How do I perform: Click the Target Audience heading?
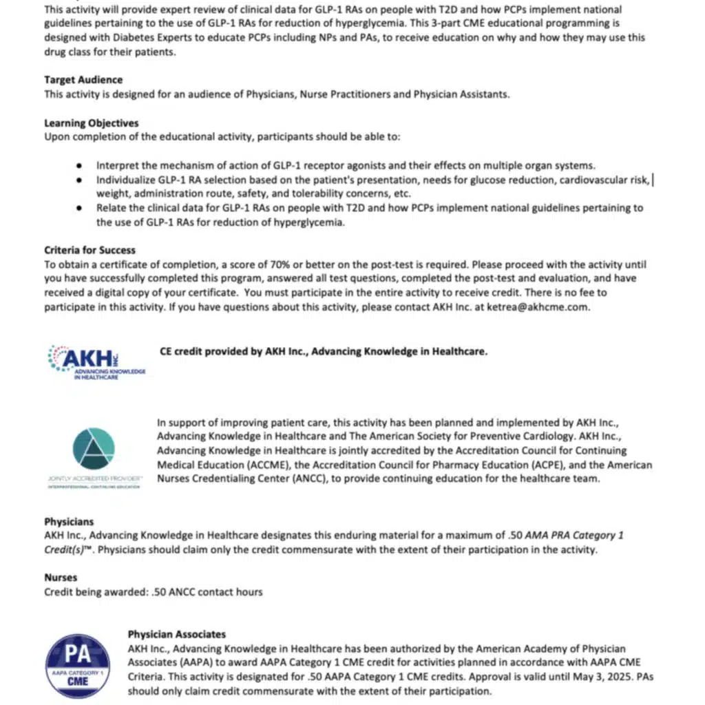point(83,80)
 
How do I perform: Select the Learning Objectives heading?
point(92,123)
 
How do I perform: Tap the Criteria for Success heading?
point(90,250)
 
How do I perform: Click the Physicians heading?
point(69,522)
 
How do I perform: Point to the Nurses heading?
point(61,578)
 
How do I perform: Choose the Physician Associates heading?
point(177,634)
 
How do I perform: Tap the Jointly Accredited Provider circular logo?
point(93,449)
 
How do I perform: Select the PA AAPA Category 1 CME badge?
point(77,666)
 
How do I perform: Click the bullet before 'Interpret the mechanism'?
point(81,166)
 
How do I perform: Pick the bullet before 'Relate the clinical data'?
point(81,208)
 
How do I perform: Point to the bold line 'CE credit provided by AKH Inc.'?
point(323,351)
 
